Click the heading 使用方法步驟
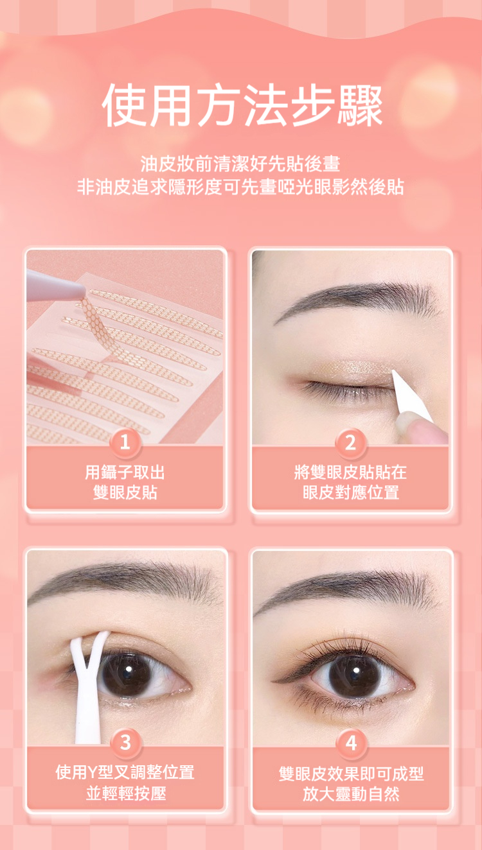[x=242, y=105]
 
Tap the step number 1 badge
[x=125, y=442]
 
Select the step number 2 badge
[x=350, y=442]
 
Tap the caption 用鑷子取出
[x=125, y=473]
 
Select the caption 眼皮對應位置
[x=351, y=492]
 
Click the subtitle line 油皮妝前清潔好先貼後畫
[x=240, y=164]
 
